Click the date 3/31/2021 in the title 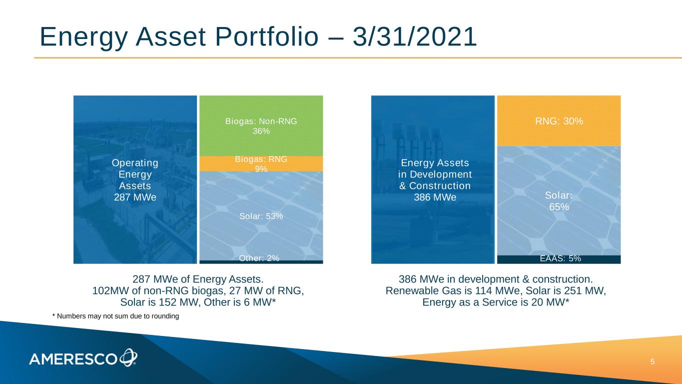(415, 37)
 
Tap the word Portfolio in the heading (267, 37)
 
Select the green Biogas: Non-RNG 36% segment (261, 125)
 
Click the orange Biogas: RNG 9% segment (261, 163)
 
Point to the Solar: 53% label (261, 216)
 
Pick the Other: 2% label (259, 258)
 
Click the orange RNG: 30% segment (559, 120)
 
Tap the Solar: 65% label (559, 201)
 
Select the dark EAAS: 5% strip (559, 259)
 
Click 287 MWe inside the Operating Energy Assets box (135, 197)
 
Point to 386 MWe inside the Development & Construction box (435, 197)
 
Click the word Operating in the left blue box (135, 162)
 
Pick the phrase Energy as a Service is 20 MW (494, 302)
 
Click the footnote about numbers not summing (116, 316)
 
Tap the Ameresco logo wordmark (73, 359)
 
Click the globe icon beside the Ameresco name (128, 357)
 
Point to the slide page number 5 (653, 361)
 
